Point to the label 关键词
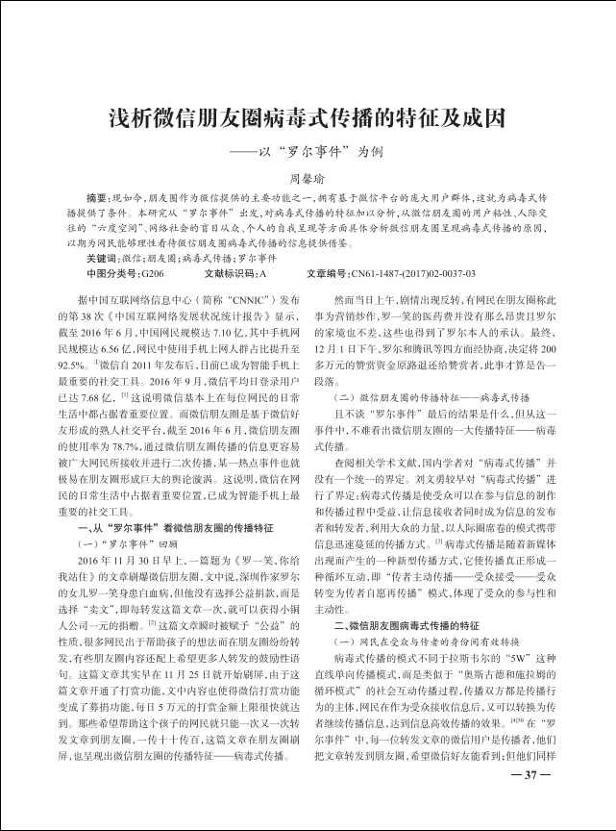pos(101,258)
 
